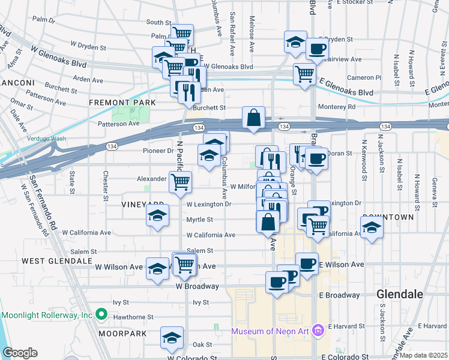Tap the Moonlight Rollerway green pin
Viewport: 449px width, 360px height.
101,314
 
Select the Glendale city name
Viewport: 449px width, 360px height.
400,294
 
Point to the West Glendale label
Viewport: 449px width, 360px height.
57,261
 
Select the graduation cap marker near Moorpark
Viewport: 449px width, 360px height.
172,337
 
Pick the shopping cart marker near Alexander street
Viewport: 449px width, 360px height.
180,182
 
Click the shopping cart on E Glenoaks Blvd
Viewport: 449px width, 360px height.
304,74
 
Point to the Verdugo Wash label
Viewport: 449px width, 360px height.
46,139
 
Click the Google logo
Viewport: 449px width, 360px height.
20,353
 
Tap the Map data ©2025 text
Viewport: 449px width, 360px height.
424,355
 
